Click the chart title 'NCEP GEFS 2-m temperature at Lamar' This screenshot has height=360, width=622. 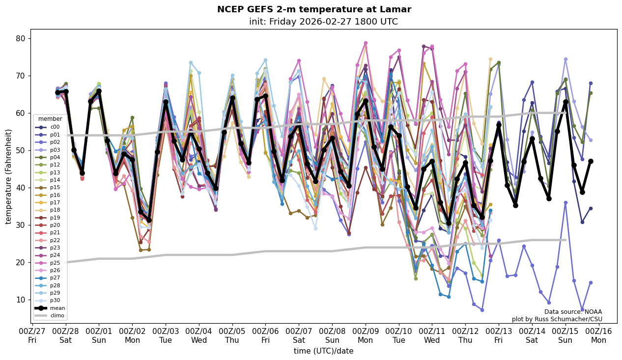pyautogui.click(x=314, y=9)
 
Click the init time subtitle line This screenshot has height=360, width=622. pyautogui.click(x=323, y=22)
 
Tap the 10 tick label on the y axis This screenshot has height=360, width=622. pyautogui.click(x=21, y=300)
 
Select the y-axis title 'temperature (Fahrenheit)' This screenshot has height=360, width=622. pyautogui.click(x=8, y=176)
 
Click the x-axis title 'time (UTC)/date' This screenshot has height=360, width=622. pyautogui.click(x=323, y=351)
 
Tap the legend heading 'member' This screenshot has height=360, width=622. pyautogui.click(x=50, y=119)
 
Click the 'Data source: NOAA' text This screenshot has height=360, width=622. pyautogui.click(x=573, y=312)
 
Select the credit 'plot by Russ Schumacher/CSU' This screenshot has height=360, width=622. pyautogui.click(x=557, y=319)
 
